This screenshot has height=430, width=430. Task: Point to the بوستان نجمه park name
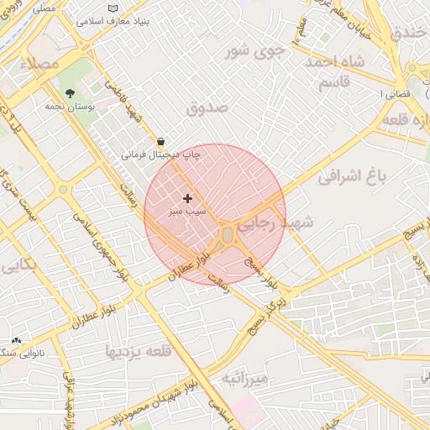click(x=71, y=107)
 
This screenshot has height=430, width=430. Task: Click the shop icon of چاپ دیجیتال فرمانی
click(x=160, y=141)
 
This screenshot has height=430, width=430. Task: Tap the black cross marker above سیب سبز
click(x=186, y=198)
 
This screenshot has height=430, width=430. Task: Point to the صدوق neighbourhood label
click(x=207, y=107)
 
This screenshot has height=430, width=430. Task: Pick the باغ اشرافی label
click(x=351, y=177)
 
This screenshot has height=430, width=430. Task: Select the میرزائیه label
click(x=244, y=380)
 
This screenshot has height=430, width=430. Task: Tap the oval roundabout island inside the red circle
click(x=228, y=238)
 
